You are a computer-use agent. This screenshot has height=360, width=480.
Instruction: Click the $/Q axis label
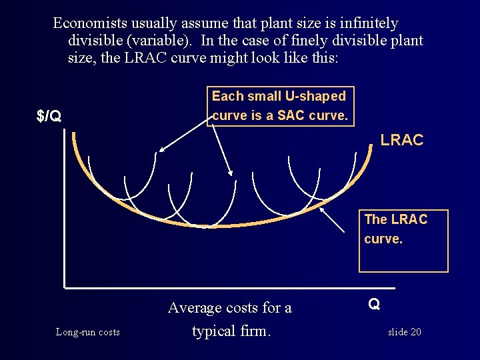[49, 117]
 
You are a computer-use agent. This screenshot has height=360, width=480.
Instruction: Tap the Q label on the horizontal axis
[374, 304]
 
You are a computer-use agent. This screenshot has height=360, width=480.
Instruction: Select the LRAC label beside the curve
[401, 140]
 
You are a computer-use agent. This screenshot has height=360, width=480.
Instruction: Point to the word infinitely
[366, 23]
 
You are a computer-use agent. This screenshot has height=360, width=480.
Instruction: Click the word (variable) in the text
[161, 40]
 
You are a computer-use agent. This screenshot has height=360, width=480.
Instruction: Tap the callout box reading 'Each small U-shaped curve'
[279, 105]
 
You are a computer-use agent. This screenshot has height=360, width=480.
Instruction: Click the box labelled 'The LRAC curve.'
[403, 241]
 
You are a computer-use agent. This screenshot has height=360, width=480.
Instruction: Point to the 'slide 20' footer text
[404, 332]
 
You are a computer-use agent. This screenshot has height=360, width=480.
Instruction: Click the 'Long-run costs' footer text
[88, 332]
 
